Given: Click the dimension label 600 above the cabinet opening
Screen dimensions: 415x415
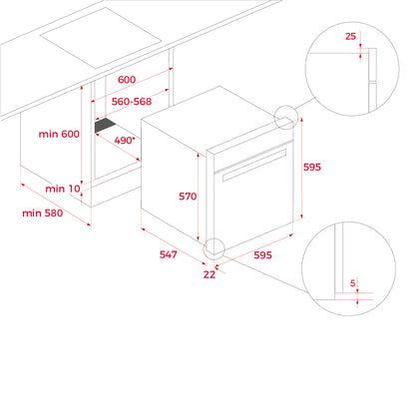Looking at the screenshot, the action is (127, 80).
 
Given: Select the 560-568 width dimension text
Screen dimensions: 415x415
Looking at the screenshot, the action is (132, 102).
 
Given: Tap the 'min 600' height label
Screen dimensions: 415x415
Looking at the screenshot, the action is (59, 134).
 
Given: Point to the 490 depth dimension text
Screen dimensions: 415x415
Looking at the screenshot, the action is (125, 141).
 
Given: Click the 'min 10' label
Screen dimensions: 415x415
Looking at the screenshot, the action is (63, 189).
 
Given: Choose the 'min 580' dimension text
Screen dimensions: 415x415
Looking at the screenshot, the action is (42, 212).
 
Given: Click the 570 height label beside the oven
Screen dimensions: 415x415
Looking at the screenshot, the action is (188, 197).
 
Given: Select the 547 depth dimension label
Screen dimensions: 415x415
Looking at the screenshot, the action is (169, 254).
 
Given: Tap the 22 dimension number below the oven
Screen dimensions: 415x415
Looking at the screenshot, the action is (209, 274).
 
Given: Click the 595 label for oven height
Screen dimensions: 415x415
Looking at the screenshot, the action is (312, 167).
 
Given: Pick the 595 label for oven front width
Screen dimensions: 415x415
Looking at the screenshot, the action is (262, 255).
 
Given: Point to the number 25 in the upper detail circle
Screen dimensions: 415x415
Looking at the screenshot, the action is (350, 36).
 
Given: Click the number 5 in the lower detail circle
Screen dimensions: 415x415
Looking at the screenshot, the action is (353, 283).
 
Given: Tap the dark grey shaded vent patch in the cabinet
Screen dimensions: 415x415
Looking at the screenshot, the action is (105, 126).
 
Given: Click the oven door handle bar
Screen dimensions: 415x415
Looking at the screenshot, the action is (254, 166).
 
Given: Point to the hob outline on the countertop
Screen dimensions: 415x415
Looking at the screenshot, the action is (101, 38).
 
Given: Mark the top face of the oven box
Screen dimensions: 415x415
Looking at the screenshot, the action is (217, 118).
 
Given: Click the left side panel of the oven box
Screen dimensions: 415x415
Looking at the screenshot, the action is (174, 182).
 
